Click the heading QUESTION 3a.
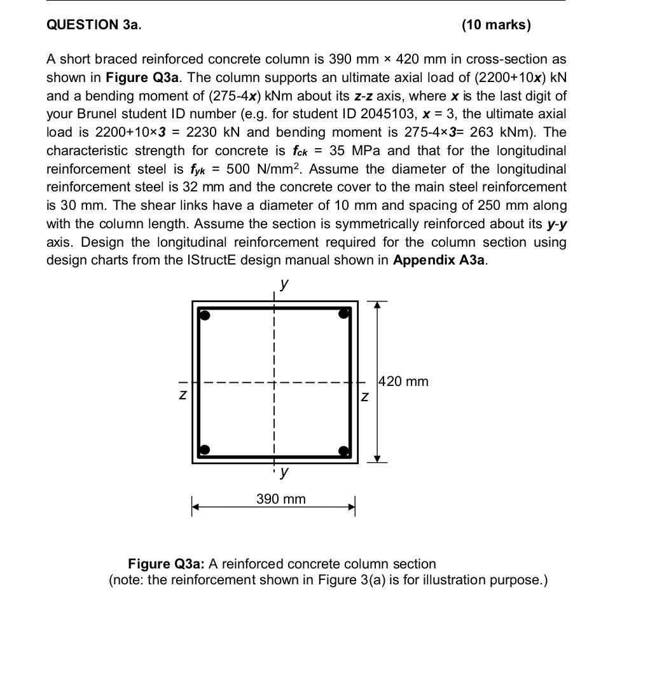tap(93, 25)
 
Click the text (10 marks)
tap(496, 25)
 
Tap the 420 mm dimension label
tap(403, 382)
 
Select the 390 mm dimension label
tap(280, 499)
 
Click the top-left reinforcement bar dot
tap(204, 314)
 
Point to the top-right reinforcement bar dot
tap(344, 313)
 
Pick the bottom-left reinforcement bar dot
tap(204, 451)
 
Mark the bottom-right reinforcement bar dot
tap(344, 451)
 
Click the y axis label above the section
tap(284, 284)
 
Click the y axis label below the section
tap(284, 472)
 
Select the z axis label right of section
tap(364, 397)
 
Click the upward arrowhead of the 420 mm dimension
tap(377, 305)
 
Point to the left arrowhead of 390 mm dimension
tap(197, 507)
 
